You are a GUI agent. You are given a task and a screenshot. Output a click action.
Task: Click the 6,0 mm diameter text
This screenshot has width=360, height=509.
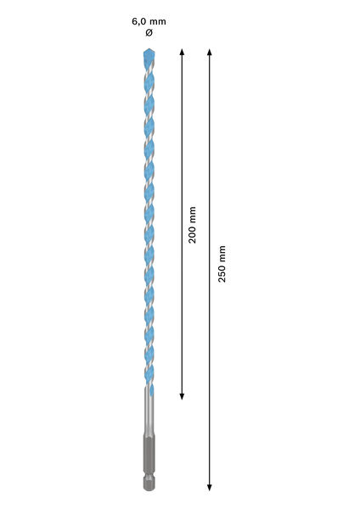[x=149, y=22]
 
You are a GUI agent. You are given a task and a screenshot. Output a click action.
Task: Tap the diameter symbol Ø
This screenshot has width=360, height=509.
[x=149, y=33]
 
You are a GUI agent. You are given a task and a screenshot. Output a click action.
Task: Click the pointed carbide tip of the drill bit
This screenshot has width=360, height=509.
[x=149, y=49]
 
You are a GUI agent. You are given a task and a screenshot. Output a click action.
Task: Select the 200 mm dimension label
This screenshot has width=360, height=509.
[x=192, y=225]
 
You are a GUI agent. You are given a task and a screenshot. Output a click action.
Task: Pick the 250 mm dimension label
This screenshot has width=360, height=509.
[x=222, y=264]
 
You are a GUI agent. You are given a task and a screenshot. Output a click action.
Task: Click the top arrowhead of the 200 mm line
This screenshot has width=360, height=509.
[x=182, y=51]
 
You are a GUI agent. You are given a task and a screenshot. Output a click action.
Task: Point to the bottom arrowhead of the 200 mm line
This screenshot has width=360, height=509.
[x=182, y=397]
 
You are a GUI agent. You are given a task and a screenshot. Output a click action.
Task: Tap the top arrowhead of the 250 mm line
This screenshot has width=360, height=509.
[x=210, y=51]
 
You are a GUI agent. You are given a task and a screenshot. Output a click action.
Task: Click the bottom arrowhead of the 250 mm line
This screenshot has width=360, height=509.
[x=210, y=488]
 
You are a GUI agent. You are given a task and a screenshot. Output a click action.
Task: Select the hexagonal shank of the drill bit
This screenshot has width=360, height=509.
[x=149, y=462]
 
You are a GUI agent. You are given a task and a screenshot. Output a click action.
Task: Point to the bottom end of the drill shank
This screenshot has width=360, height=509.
[x=149, y=489]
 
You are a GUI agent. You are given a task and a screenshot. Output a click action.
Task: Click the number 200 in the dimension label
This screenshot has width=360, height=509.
[x=192, y=235]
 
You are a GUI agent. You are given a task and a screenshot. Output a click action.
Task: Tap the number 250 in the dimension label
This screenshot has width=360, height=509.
[x=222, y=274]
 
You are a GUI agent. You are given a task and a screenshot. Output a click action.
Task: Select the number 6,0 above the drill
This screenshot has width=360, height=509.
[x=138, y=22]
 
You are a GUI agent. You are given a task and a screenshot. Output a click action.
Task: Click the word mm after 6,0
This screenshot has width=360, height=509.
[x=158, y=22]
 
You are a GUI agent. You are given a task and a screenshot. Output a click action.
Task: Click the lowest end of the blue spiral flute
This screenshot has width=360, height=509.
[x=152, y=394]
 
